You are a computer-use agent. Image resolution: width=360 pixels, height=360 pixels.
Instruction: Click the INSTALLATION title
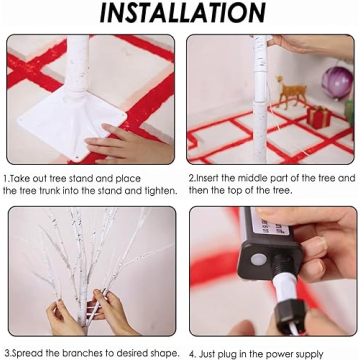(x=183, y=13)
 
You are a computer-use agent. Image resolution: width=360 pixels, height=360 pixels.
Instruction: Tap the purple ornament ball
(x=337, y=82)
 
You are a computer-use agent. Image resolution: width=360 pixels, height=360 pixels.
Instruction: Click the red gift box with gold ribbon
(x=319, y=117)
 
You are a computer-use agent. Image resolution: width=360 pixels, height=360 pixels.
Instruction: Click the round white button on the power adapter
(x=259, y=259)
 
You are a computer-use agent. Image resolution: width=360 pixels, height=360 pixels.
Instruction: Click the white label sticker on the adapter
(x=270, y=222)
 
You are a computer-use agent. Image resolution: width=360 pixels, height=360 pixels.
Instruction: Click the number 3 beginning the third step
(x=6, y=353)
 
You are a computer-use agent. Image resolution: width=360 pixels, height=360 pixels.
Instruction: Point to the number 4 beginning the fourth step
(x=193, y=354)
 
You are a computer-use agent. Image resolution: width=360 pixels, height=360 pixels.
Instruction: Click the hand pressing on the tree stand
(x=128, y=143)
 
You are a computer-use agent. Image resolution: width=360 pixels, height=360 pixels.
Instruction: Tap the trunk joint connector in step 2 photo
(x=260, y=87)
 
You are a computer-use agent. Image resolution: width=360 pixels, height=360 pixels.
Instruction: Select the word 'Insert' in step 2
(x=207, y=178)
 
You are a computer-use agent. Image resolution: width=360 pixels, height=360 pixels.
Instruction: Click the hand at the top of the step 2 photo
(x=310, y=46)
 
